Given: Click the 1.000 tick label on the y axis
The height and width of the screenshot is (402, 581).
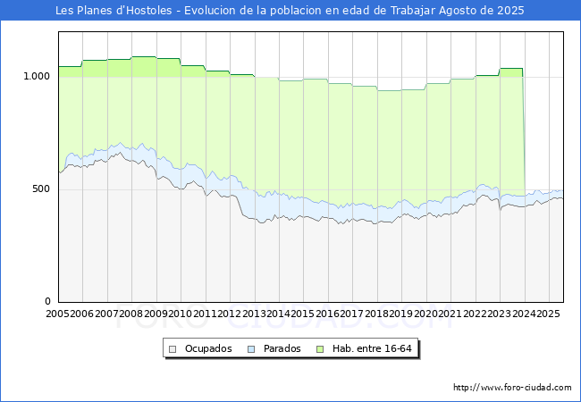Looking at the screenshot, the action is tap(37, 76).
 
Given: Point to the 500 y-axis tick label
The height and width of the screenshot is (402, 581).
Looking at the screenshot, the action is tap(41, 188).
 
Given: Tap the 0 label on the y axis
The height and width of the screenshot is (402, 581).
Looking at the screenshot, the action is tap(47, 301).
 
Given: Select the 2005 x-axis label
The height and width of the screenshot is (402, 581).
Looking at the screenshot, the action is tap(57, 314).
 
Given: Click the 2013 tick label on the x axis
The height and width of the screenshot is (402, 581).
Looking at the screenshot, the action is tap(254, 314).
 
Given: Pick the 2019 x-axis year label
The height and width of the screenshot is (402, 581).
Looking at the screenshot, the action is tap(401, 314).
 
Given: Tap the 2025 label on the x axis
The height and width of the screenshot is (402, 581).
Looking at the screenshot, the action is tap(549, 314).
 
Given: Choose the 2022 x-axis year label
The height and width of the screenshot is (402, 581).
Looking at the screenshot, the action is tap(475, 314).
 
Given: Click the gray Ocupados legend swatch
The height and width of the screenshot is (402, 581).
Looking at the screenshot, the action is tap(173, 349).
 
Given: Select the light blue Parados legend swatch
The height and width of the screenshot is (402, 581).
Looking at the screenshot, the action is tap(251, 349).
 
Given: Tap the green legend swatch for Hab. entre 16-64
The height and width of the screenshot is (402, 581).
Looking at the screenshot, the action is tap(320, 349).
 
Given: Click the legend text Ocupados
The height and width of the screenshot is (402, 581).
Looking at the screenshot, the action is tap(208, 348).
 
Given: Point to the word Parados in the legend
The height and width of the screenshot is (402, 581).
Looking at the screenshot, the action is tap(282, 348).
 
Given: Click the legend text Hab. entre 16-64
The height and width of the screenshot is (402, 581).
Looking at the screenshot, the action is tap(372, 348).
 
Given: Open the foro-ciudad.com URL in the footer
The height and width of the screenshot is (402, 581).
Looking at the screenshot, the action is tap(512, 388).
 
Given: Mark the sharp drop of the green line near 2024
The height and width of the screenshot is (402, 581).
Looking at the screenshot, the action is tap(524, 133).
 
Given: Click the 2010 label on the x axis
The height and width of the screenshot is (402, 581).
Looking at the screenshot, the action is tap(180, 314).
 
